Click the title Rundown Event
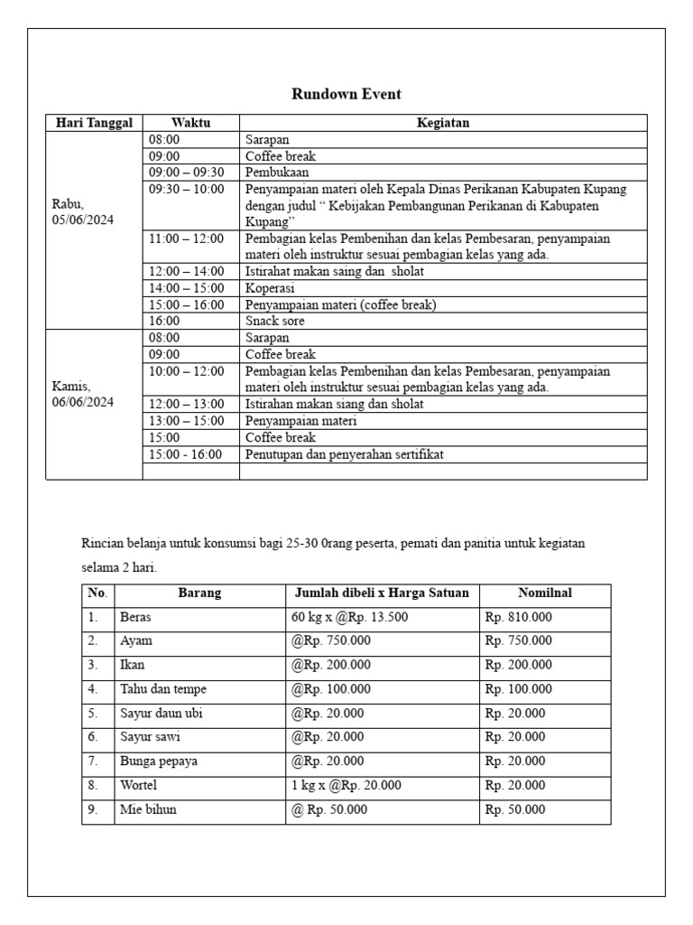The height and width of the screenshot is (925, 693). [x=346, y=94]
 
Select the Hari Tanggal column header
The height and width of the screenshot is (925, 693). [x=94, y=123]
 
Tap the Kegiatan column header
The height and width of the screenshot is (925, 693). [x=442, y=123]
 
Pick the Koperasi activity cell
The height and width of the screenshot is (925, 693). [x=270, y=288]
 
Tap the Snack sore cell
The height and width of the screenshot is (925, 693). [x=275, y=321]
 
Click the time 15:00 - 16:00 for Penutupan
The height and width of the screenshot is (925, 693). [x=186, y=454]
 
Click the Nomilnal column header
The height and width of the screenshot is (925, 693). [x=545, y=593]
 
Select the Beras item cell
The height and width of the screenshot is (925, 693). [x=135, y=618]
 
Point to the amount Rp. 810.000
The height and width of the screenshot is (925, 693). [x=519, y=618]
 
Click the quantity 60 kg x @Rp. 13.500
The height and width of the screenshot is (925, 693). [x=349, y=618]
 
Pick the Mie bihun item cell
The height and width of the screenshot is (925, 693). [x=148, y=809]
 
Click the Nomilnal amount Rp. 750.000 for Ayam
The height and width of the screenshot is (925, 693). [x=519, y=641]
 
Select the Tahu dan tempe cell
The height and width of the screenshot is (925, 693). [x=162, y=689]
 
